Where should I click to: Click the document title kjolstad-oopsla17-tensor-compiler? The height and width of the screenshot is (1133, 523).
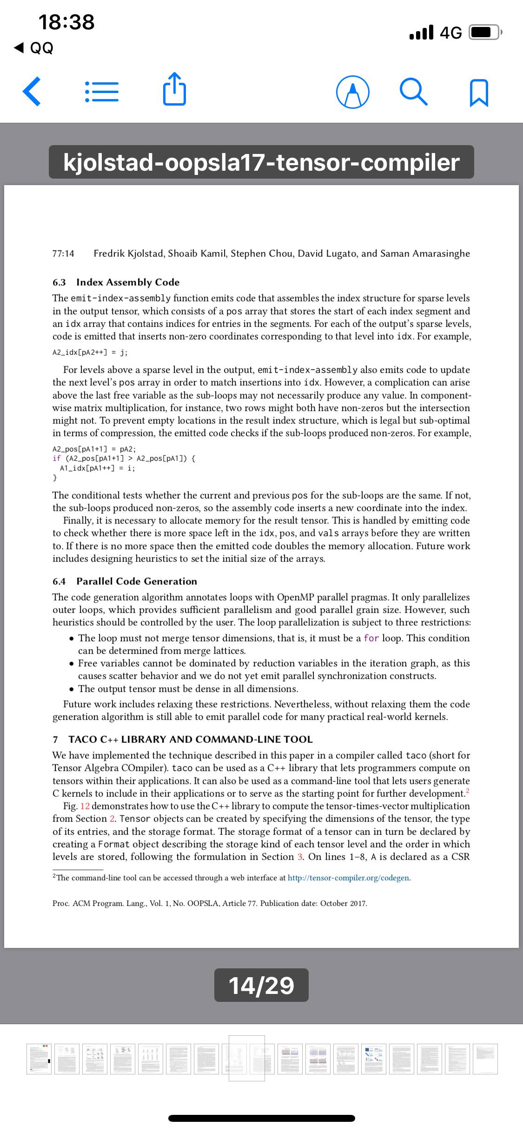261,162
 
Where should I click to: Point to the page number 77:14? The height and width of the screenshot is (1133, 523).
63,253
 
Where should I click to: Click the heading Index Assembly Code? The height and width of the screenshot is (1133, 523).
127,282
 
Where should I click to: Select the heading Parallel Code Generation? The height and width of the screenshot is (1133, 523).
137,581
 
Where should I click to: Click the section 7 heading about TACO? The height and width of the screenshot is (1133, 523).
190,739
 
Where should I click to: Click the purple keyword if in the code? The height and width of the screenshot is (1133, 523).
57,459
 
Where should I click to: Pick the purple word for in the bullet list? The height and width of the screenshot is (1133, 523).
371,638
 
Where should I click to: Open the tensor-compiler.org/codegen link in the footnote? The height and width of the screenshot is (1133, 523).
349,878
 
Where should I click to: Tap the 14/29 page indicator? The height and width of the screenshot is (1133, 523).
261,985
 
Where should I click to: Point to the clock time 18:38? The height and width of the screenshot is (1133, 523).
66,22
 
